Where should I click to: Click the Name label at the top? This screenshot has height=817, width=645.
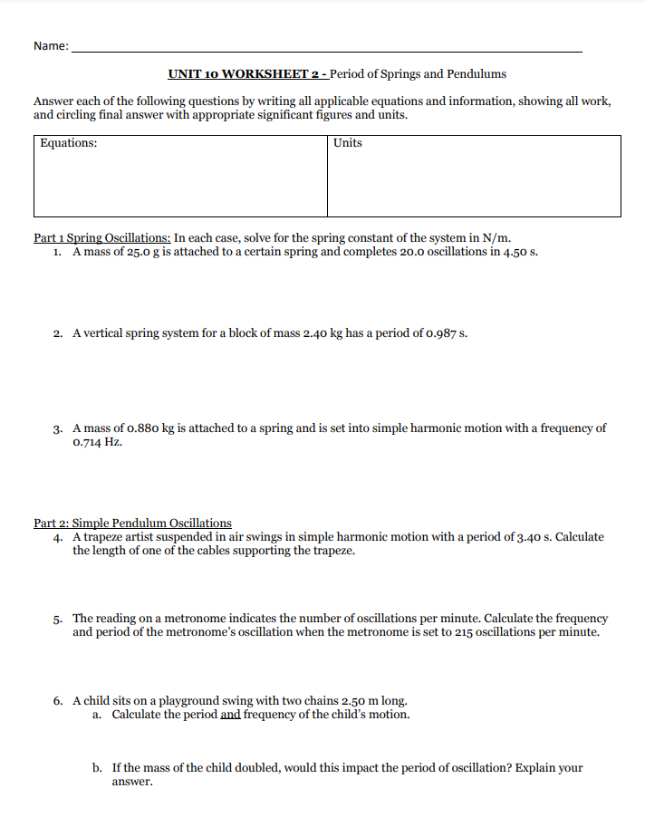click(x=50, y=46)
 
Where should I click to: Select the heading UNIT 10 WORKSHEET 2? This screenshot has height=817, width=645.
click(x=245, y=74)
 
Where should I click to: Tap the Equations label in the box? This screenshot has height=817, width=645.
click(x=69, y=143)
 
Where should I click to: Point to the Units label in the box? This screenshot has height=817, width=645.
click(x=347, y=143)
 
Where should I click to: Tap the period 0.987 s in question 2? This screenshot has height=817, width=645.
click(x=447, y=332)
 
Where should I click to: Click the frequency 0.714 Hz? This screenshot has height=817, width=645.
click(x=97, y=442)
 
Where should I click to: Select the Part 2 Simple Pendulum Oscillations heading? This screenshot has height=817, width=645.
click(x=132, y=523)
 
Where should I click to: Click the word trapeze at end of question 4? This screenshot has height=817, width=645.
click(x=332, y=551)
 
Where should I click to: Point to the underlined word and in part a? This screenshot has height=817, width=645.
click(x=230, y=715)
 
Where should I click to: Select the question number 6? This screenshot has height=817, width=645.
click(x=57, y=700)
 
